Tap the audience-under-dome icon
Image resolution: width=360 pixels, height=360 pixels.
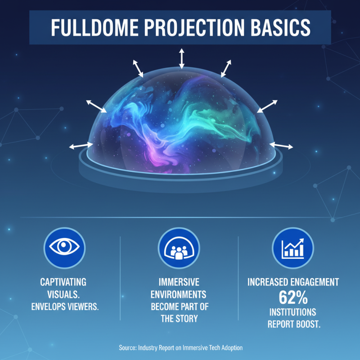pyautogui.click(x=179, y=248)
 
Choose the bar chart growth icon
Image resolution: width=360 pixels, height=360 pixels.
pyautogui.click(x=293, y=248)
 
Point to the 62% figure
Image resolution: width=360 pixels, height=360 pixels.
pyautogui.click(x=293, y=297)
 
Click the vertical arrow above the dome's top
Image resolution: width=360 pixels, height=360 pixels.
pyautogui.click(x=181, y=59)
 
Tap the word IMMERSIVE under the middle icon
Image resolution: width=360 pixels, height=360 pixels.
pyautogui.click(x=179, y=283)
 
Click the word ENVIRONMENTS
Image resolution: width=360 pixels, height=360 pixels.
pyautogui.click(x=179, y=295)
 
